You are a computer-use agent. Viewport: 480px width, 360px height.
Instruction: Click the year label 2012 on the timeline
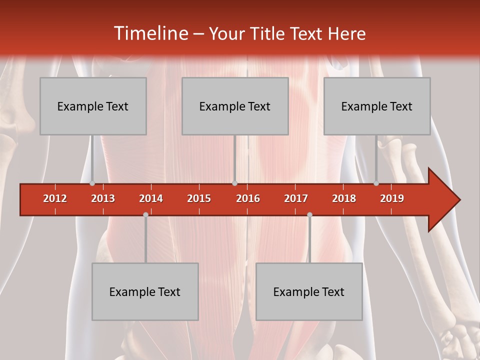pos(55,198)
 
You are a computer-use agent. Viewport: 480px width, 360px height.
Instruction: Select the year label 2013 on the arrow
pos(103,198)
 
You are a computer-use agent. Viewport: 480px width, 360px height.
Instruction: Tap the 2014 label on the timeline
pos(151,198)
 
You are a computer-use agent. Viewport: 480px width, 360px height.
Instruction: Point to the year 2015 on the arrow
pos(199,198)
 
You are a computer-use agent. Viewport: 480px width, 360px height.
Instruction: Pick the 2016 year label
pos(248,198)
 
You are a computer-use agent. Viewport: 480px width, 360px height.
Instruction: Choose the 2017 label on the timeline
pos(296,198)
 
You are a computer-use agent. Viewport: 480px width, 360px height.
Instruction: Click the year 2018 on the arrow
pos(344,198)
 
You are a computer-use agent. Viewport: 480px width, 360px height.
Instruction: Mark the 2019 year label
pos(392,198)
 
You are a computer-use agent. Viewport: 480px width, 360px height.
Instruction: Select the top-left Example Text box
pos(93,106)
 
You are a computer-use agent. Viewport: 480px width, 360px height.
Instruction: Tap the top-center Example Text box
pos(235,106)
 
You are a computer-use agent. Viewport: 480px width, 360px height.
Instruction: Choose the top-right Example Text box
pos(377,106)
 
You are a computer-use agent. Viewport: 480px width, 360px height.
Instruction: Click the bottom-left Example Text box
pos(145,291)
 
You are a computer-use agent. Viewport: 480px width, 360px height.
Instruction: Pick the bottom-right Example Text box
pos(309,291)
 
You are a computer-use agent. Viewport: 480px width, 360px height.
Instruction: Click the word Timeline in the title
pos(150,33)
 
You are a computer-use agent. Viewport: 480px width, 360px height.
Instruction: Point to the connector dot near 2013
pos(92,183)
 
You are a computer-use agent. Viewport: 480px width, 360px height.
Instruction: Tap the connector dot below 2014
pos(145,214)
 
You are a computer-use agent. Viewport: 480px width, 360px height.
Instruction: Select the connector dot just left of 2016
pos(234,183)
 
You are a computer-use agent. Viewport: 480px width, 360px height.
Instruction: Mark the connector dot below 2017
pos(309,214)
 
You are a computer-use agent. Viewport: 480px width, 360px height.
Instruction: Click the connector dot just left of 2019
pos(376,183)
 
